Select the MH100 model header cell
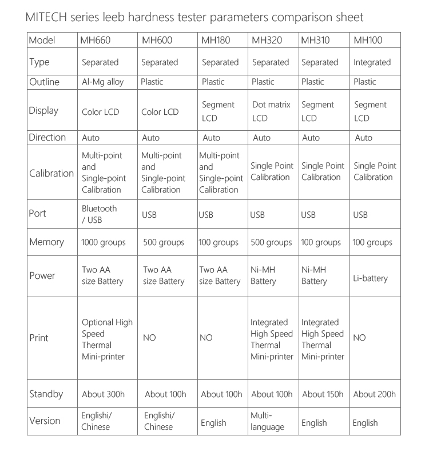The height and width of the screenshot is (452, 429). coord(368,41)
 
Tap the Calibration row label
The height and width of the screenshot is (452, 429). coord(51,173)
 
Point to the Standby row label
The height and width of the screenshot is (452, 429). coord(46,394)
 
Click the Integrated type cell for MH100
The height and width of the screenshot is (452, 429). coord(372,62)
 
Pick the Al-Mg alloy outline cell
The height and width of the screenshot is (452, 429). coord(103,82)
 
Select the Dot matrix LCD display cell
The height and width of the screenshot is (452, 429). coord(271,111)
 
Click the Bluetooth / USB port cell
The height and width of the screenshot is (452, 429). coord(100,214)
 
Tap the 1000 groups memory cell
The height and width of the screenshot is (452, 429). coord(104,242)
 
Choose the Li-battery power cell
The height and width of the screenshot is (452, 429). coord(370,278)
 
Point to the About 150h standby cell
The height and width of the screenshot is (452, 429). coord(323,394)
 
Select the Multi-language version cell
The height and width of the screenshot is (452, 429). coord(267,421)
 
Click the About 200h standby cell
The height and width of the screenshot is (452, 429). coord(375,394)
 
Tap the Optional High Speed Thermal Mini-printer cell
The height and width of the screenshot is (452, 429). coord(107,339)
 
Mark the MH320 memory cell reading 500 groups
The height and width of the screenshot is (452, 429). coord(271,242)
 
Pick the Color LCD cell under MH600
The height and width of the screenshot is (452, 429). coord(160,112)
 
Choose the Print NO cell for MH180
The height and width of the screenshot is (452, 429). coord(206,338)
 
